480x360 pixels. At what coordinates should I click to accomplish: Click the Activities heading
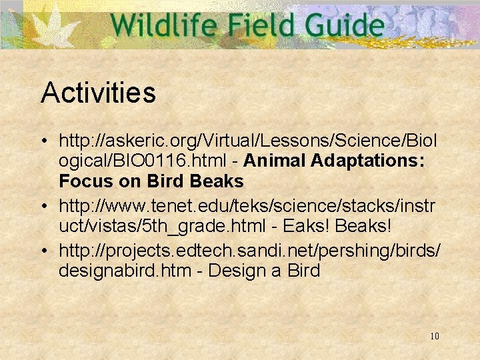pyautogui.click(x=98, y=93)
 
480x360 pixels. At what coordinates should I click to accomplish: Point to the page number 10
pyautogui.click(x=435, y=336)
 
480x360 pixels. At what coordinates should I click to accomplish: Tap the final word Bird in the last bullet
pyautogui.click(x=303, y=271)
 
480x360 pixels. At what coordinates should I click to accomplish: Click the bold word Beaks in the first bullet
pyautogui.click(x=217, y=181)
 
